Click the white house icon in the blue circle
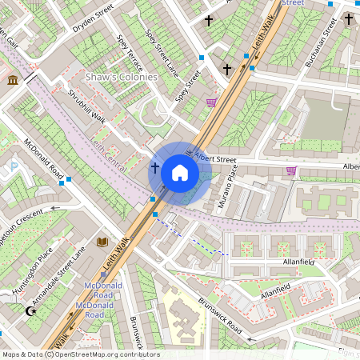180,172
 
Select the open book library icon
102,242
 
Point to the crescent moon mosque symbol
31,310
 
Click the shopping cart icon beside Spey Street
211,102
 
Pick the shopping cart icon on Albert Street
291,170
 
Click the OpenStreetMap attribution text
80,354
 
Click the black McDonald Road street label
43,160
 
